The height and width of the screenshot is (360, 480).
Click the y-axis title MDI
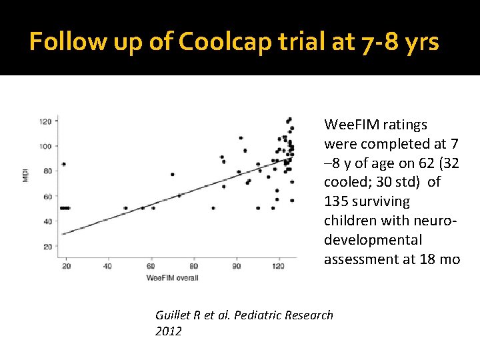click(x=26, y=175)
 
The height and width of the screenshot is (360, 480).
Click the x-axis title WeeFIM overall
click(x=172, y=277)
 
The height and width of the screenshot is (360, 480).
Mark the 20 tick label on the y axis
click(x=47, y=247)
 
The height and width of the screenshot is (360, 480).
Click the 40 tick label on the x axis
click(x=108, y=266)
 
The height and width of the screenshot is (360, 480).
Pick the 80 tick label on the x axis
click(x=195, y=266)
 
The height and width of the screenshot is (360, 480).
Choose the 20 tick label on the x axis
click(x=65, y=266)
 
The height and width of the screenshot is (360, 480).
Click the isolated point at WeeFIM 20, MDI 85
click(x=64, y=164)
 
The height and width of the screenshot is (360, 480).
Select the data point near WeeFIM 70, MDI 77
click(x=173, y=175)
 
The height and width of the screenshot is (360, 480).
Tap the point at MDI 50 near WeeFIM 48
click(x=125, y=208)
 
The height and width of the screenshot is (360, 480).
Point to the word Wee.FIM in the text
click(x=347, y=125)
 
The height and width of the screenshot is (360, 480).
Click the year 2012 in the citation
click(x=168, y=331)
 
